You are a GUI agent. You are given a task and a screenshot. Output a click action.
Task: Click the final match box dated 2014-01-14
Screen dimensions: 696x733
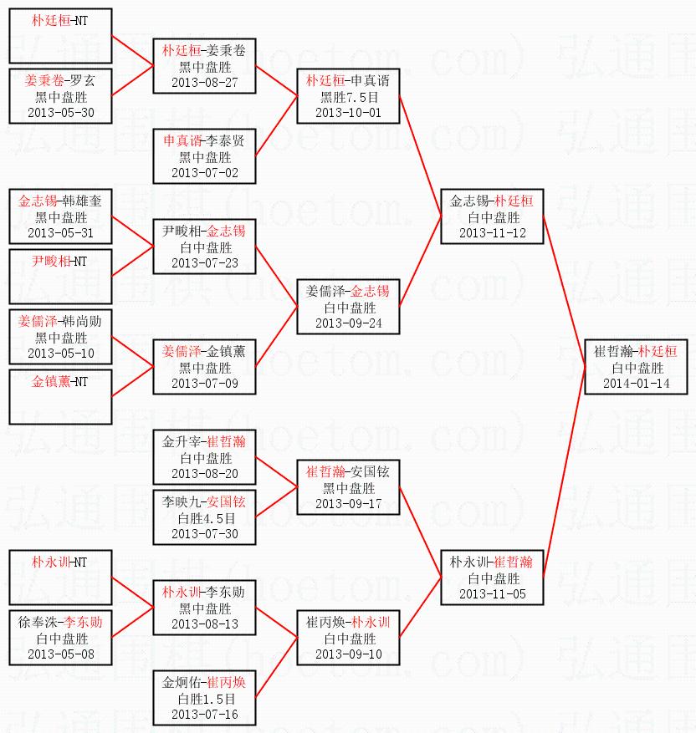tap(635, 367)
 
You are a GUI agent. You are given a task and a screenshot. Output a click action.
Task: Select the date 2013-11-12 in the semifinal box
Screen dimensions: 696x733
tap(493, 232)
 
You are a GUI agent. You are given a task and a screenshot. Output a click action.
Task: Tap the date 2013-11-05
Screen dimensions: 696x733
tap(493, 593)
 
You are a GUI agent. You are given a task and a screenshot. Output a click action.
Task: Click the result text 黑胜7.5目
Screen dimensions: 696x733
tap(349, 97)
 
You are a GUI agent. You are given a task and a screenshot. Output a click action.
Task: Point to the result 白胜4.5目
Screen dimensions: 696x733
tap(205, 518)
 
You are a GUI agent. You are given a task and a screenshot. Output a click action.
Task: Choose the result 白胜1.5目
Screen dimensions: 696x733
tap(205, 699)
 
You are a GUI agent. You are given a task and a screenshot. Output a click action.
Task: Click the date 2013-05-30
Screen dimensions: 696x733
tap(60, 112)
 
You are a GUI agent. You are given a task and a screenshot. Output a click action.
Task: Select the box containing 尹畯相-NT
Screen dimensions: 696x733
tap(60, 276)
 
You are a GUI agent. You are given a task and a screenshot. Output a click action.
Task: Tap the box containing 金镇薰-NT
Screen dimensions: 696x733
tap(60, 396)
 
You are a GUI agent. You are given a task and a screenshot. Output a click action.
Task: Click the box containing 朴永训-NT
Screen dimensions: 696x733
tap(60, 577)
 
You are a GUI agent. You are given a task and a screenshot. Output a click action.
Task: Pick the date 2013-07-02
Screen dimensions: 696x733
tap(205, 172)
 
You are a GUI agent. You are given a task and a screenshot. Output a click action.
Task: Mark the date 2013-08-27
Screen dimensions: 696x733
tap(205, 82)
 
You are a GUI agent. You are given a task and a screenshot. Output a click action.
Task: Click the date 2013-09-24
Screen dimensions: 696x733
tap(349, 323)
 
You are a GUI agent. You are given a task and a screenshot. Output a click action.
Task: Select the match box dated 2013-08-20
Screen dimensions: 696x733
tap(205, 456)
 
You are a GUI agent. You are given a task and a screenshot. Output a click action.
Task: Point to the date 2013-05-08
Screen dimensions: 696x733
tap(60, 654)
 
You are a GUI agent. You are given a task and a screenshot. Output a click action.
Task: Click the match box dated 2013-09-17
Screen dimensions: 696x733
tap(349, 487)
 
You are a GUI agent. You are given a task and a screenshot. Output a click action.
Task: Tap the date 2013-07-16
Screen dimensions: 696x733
tap(205, 715)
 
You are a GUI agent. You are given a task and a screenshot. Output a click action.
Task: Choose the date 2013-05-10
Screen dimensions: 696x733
tap(60, 353)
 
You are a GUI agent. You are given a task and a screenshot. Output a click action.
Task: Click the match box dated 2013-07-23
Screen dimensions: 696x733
tap(205, 247)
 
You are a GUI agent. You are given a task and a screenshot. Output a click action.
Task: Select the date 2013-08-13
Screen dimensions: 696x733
tap(205, 624)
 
